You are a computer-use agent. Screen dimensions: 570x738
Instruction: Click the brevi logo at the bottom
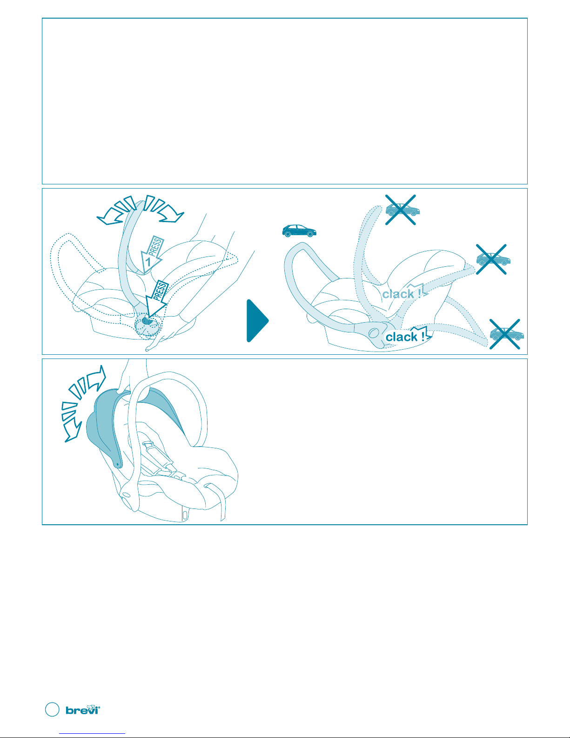[83, 710]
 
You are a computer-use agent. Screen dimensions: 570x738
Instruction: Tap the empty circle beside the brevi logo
[52, 710]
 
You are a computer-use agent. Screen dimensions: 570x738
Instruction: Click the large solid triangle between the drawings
[257, 321]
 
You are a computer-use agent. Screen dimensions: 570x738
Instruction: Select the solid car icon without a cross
[299, 231]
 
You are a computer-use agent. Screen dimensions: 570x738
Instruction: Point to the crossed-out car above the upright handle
[402, 210]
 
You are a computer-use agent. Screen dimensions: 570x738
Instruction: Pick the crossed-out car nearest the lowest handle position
[505, 334]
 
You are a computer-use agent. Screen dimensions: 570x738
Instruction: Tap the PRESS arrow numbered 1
[152, 254]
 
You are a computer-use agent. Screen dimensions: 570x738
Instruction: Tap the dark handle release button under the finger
[147, 320]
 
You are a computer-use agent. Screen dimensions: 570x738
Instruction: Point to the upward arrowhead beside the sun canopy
[97, 377]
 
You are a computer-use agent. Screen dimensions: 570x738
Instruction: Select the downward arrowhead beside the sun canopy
[73, 431]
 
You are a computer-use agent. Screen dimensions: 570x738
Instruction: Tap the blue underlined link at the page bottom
[92, 734]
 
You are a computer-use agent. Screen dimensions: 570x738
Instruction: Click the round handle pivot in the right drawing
[374, 332]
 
